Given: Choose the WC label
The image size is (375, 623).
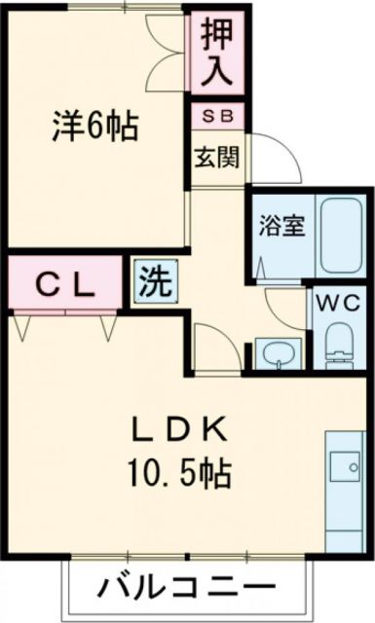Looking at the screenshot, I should pyautogui.click(x=338, y=303).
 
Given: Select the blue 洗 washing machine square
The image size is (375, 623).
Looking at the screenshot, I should pyautogui.click(x=156, y=281).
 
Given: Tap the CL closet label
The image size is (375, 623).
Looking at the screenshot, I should pyautogui.click(x=64, y=284).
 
